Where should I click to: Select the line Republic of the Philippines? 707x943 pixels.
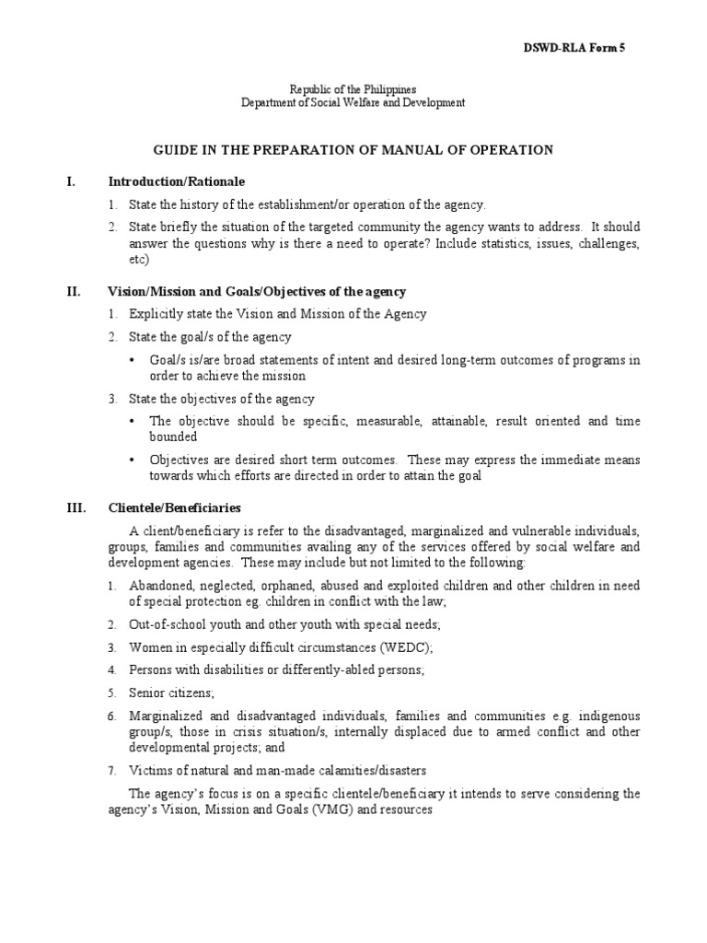353,88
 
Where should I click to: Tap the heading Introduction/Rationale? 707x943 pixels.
177,181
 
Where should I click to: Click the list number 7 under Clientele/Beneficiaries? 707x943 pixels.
111,771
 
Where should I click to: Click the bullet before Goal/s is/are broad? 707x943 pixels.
134,359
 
